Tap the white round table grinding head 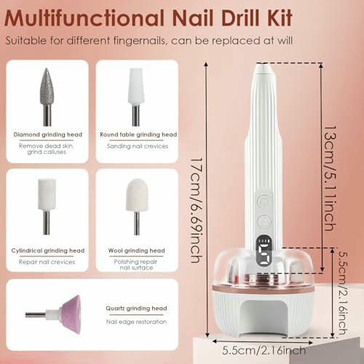pos(136,87)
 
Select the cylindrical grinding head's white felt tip pos(47,194)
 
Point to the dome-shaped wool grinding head pos(137,195)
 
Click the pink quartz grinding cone pos(71,314)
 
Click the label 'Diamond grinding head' pos(48,135)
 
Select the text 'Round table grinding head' pos(138,135)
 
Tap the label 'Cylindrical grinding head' pos(48,250)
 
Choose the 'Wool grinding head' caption pos(137,250)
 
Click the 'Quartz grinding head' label pos(136,309)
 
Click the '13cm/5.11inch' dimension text pos(331,178)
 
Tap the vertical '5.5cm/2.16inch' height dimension pos(344,293)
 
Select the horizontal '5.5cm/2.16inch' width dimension pos(264,350)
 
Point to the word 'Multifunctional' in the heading pos(84,18)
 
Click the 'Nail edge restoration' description pos(136,322)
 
